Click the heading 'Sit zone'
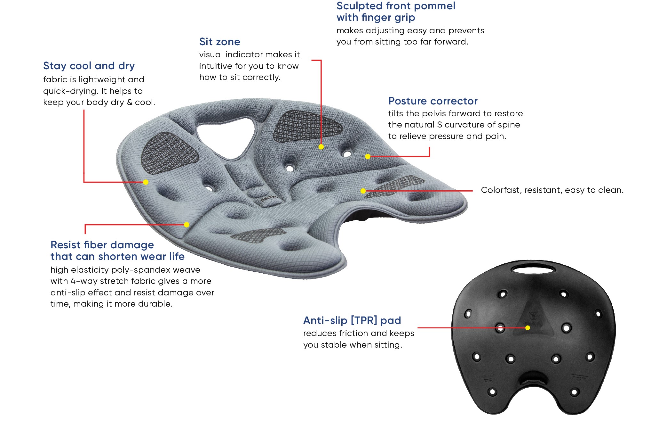pyautogui.click(x=219, y=42)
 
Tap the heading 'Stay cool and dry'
pyautogui.click(x=89, y=66)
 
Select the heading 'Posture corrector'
pyautogui.click(x=433, y=101)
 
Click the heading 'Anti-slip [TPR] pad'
pyautogui.click(x=352, y=320)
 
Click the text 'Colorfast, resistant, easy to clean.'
pyautogui.click(x=552, y=190)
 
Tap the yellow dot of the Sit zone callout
pyautogui.click(x=321, y=147)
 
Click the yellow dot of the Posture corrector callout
pyautogui.click(x=368, y=157)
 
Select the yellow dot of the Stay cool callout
pyautogui.click(x=146, y=182)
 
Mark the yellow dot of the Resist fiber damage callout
pyautogui.click(x=187, y=225)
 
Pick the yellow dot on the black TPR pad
pyautogui.click(x=528, y=328)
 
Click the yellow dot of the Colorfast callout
pyautogui.click(x=363, y=191)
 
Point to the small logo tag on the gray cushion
pyautogui.click(x=268, y=200)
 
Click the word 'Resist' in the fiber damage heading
pyautogui.click(x=65, y=245)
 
